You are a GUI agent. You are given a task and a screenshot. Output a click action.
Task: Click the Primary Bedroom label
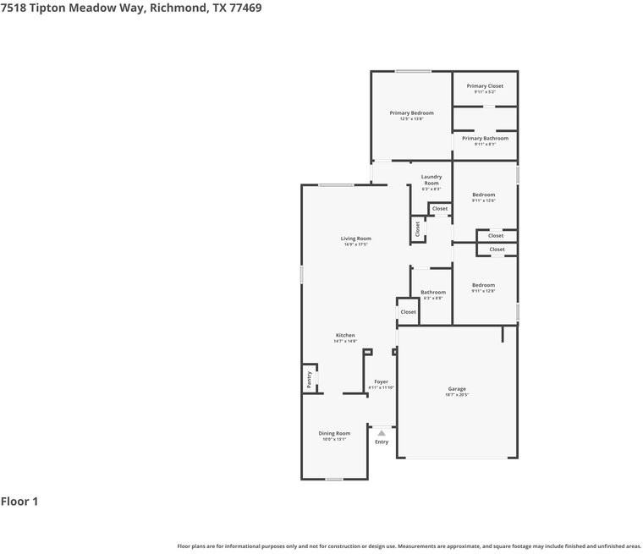(x=411, y=113)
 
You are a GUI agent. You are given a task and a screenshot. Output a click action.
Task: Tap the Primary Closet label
(x=485, y=86)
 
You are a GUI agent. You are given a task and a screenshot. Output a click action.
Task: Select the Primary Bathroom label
(x=485, y=139)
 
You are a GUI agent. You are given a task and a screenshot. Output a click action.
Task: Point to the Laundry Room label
(x=431, y=180)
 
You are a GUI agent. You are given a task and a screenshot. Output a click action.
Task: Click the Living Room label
(x=356, y=239)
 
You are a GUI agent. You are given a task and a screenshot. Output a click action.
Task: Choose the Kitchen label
(x=345, y=336)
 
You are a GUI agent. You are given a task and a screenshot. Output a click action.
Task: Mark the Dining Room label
(x=334, y=433)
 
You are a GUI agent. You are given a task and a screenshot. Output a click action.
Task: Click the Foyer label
(x=382, y=382)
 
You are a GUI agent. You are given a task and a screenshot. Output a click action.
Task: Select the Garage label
(x=457, y=389)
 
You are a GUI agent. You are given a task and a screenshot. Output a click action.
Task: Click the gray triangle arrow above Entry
(x=382, y=433)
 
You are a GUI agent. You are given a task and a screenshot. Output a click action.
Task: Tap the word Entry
(x=382, y=442)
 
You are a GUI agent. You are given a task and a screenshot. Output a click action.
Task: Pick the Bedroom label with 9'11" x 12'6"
(x=483, y=195)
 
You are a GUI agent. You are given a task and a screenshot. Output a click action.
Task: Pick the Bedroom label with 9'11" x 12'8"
(x=483, y=285)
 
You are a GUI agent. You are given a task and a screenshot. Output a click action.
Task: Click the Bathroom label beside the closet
(x=433, y=293)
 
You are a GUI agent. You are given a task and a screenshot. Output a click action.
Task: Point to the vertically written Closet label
(x=417, y=228)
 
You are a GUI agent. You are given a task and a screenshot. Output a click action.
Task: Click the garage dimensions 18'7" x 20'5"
(x=457, y=395)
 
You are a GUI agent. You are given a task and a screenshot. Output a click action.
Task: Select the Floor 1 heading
(x=19, y=502)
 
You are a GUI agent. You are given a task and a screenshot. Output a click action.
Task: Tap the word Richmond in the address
(x=174, y=8)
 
